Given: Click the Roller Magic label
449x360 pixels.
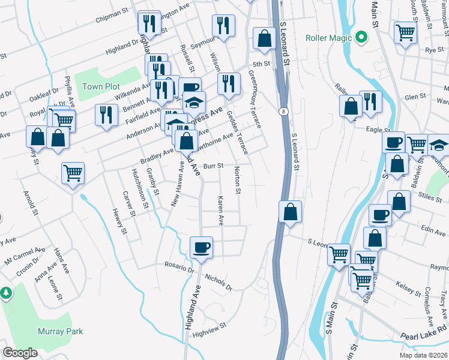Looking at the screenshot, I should click(x=328, y=38).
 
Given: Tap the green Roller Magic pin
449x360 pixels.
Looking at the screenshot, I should click(x=361, y=38).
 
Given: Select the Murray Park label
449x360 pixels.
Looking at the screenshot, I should click(x=60, y=331).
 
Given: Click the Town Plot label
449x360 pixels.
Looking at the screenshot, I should click(x=101, y=86).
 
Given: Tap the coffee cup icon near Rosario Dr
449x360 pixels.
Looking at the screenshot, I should click(x=201, y=247).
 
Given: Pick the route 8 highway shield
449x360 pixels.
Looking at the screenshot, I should click(x=282, y=111).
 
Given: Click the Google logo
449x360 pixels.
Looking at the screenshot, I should click(x=20, y=353).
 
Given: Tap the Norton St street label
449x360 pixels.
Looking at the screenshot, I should click(x=238, y=181).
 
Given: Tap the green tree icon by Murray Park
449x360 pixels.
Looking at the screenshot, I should click(x=6, y=293).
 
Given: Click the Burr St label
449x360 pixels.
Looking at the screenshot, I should click(x=213, y=166).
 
